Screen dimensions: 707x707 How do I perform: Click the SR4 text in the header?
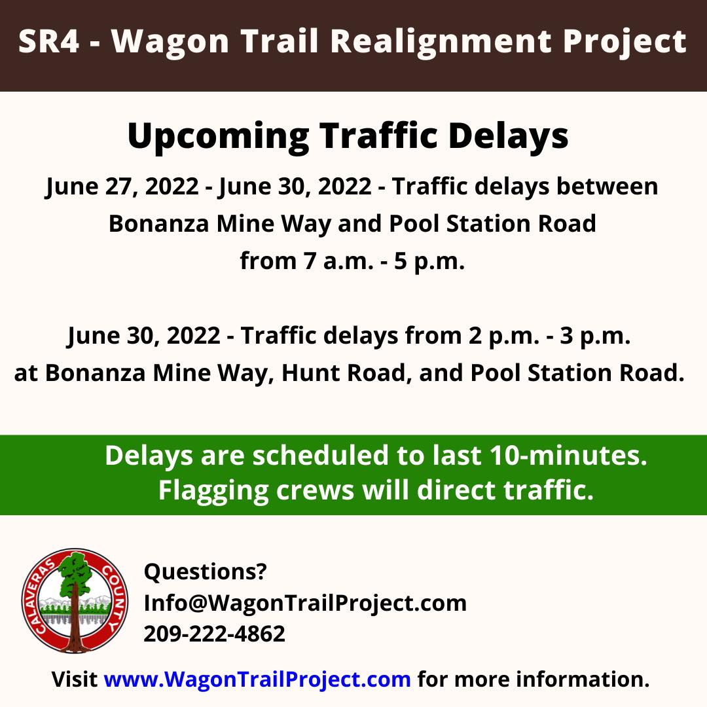pos(48,41)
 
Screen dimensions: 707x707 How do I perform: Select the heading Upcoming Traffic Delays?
pos(348,136)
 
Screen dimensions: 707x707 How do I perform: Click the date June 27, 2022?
pos(122,187)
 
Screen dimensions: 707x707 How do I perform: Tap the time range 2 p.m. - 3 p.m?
pos(549,336)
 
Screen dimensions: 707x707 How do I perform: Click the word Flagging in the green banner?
pos(213,490)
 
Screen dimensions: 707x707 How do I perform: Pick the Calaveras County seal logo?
pos(75,600)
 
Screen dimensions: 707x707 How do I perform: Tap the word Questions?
pos(205,571)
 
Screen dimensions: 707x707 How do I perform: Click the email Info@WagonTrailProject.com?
pos(305,604)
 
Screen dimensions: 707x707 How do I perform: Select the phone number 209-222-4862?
pos(215,634)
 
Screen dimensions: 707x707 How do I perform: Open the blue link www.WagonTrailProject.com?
pos(257,679)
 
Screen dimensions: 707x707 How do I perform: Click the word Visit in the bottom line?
pos(75,679)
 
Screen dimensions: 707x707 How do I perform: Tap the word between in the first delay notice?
pos(607,186)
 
